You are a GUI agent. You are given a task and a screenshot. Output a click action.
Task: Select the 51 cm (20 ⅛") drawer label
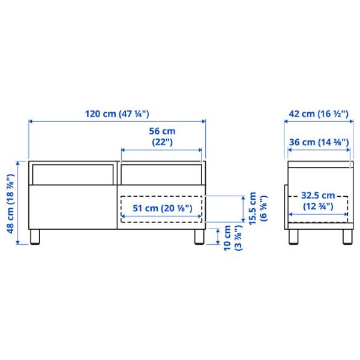[161, 208]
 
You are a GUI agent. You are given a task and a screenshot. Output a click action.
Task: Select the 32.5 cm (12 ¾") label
[317, 200]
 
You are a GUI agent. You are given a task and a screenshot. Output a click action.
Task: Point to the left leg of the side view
[293, 236]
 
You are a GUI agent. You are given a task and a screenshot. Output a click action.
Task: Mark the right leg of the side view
[347, 236]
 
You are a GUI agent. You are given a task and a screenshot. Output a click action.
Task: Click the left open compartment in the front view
[72, 174]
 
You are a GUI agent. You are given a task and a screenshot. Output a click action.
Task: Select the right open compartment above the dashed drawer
[161, 174]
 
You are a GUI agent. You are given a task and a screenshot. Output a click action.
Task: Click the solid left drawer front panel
[72, 207]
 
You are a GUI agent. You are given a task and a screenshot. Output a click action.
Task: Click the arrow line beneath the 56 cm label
[161, 149]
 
